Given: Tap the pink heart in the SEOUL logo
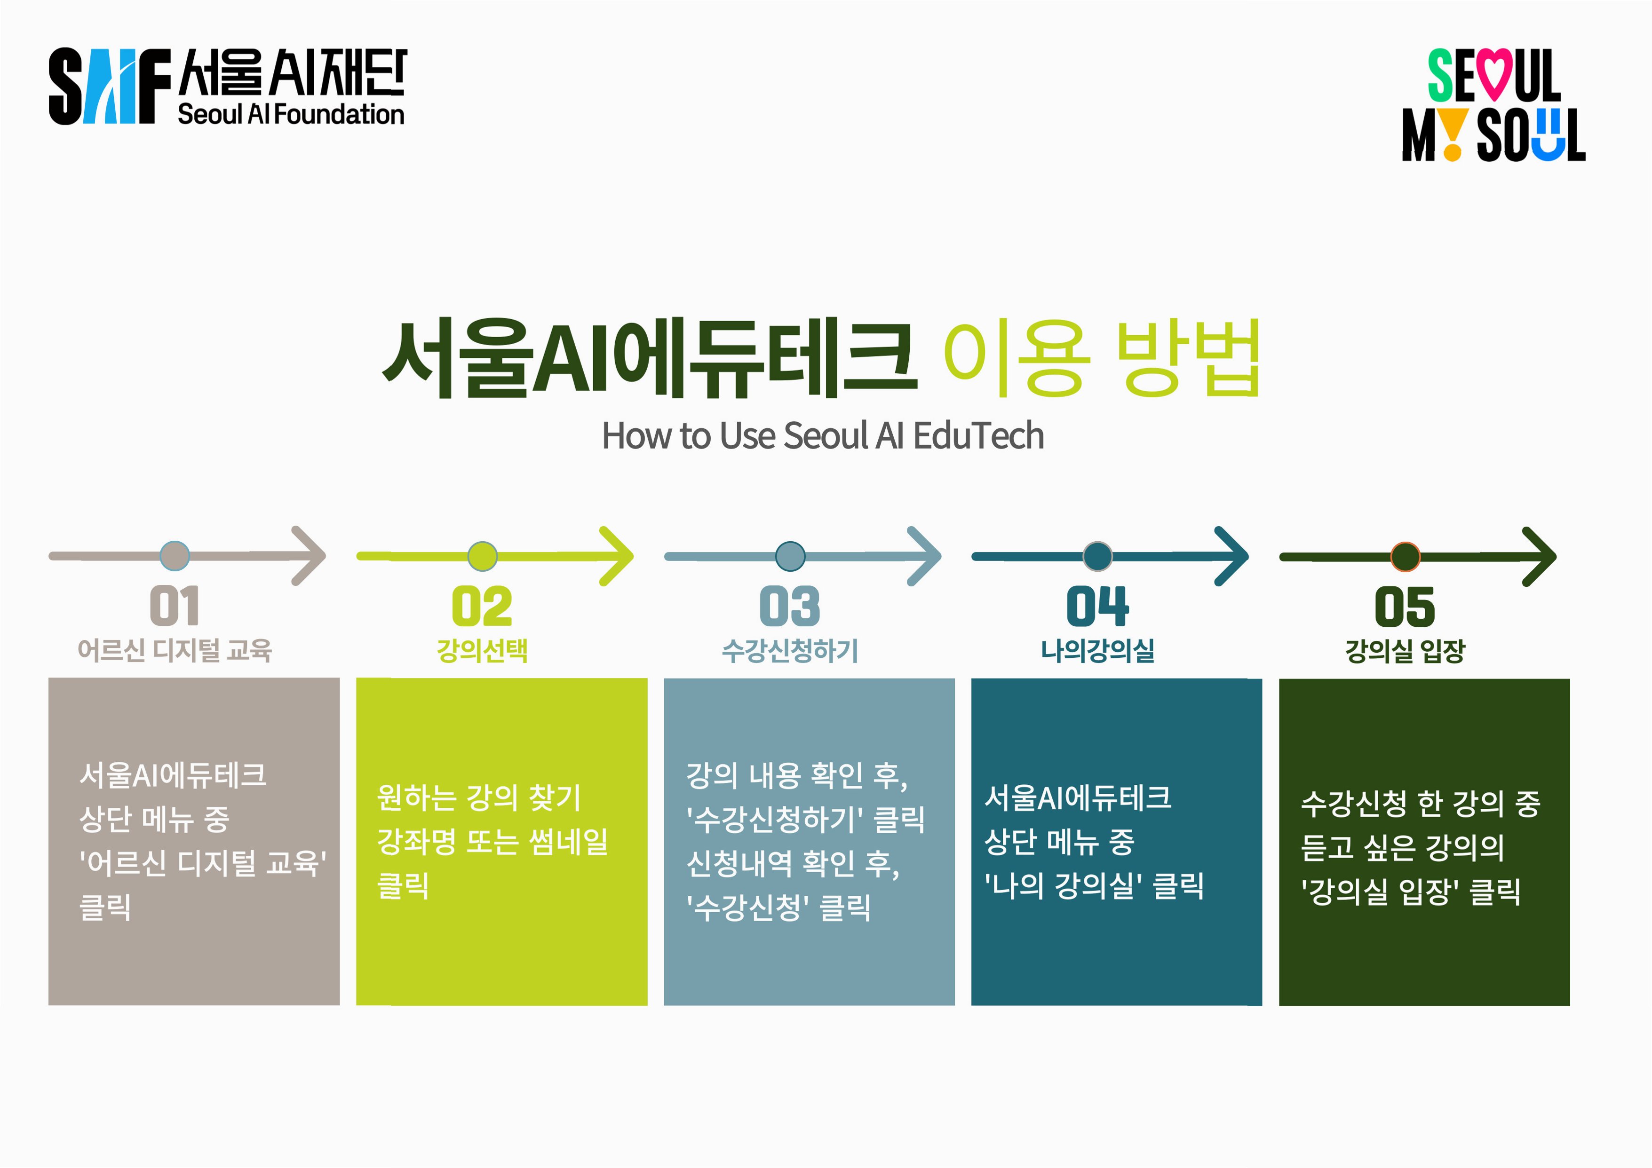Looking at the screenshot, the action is [1493, 73].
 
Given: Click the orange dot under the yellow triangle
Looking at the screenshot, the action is [1453, 152].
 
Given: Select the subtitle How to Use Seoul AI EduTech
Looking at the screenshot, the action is [822, 436].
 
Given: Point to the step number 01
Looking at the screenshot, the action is [174, 606].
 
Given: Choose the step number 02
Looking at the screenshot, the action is [482, 606].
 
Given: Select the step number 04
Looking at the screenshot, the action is [1097, 606].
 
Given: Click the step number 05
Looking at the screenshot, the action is [1405, 606].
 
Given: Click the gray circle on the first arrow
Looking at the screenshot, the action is [174, 556].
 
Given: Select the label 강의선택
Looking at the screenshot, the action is [482, 651].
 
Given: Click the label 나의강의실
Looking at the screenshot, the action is [1097, 651].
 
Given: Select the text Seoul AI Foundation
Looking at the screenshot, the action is [291, 114].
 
